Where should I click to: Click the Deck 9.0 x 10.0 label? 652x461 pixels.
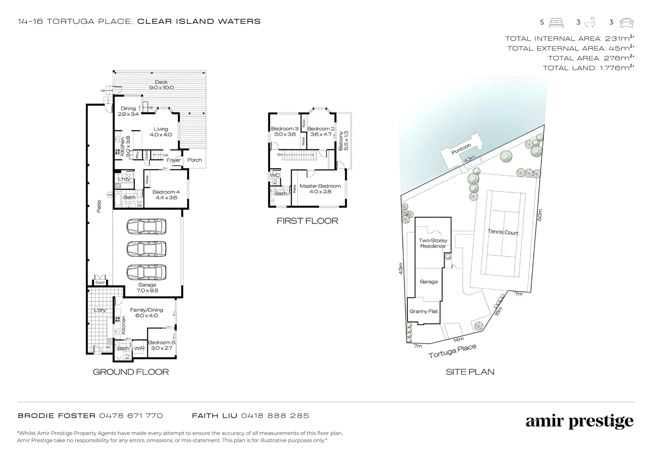[x=161, y=85]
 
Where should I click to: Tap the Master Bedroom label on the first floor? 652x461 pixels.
[x=320, y=189]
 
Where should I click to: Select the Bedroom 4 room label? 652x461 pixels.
[x=166, y=195]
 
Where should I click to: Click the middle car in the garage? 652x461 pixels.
[x=146, y=248]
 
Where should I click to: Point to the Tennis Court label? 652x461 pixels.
[x=503, y=232]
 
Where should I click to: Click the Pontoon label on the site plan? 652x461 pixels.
[x=461, y=149]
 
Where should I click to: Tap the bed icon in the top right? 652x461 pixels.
[x=556, y=22]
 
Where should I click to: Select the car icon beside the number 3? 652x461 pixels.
[x=626, y=22]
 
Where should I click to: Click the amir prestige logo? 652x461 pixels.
[x=579, y=422]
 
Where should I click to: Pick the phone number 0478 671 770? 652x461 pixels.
[x=131, y=415]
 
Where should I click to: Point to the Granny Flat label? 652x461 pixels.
[x=424, y=311]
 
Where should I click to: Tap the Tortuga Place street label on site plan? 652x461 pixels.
[x=452, y=351]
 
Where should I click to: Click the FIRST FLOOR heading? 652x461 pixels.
[x=307, y=221]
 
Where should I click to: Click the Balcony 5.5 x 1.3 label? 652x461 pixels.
[x=343, y=140]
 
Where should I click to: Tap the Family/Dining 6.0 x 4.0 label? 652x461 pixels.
[x=146, y=313]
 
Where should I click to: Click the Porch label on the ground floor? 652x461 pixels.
[x=195, y=160]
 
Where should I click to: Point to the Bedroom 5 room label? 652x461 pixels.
[x=161, y=345]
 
